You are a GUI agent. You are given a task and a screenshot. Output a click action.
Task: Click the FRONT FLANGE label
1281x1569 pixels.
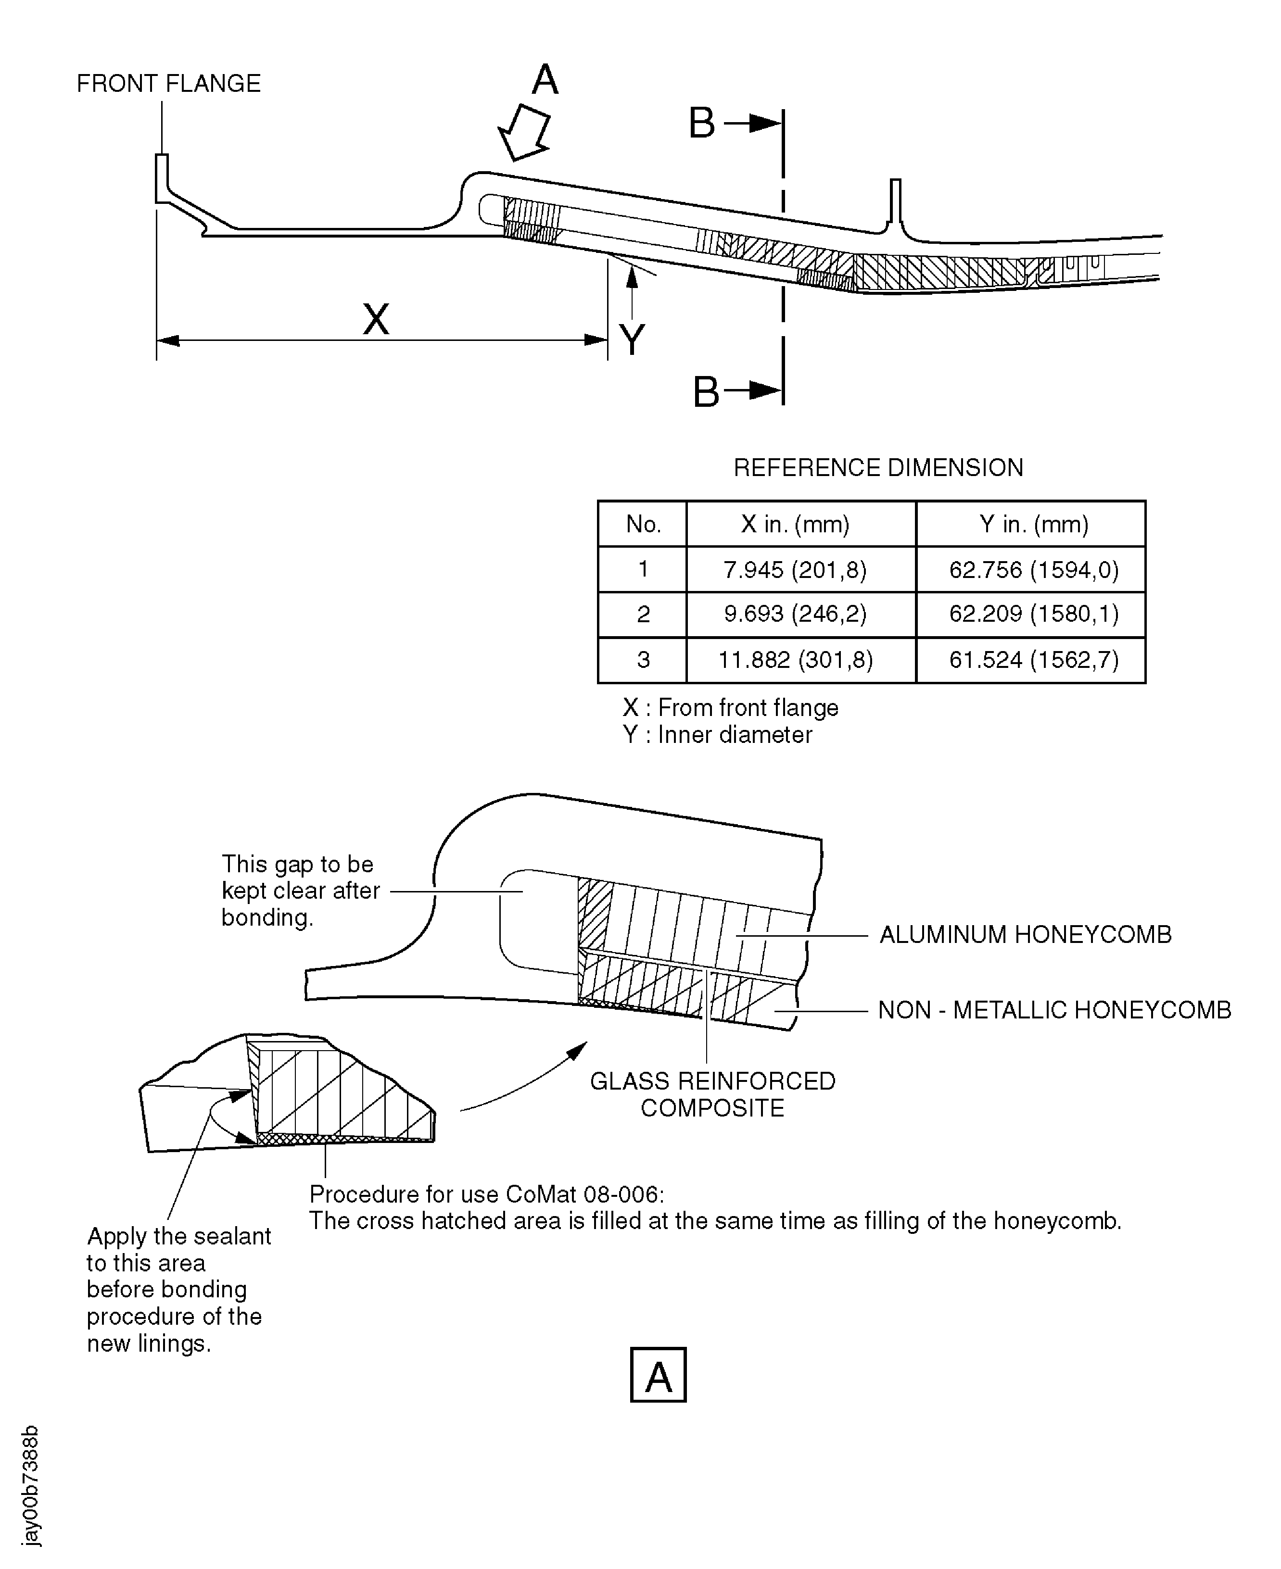point(168,83)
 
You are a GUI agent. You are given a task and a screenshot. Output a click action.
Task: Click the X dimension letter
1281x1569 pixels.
point(376,319)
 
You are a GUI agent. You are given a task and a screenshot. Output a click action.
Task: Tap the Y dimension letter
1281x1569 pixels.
point(633,340)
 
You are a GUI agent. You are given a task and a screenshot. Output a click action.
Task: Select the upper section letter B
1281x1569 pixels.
point(702,123)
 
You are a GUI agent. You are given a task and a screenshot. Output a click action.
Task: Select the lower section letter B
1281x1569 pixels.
point(706,392)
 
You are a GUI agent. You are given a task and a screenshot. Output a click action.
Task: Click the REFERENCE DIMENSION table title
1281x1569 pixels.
point(878,468)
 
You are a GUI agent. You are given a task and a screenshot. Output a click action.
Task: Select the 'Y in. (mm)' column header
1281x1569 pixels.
point(1034,525)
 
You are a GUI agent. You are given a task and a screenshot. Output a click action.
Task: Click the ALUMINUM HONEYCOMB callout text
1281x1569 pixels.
point(1025,935)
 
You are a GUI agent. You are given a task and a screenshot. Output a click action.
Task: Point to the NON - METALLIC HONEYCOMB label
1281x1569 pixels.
point(1054,1010)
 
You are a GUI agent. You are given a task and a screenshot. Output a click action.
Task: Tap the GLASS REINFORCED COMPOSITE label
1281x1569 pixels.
point(712,1095)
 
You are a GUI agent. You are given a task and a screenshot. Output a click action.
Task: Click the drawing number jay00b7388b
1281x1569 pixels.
point(31,1486)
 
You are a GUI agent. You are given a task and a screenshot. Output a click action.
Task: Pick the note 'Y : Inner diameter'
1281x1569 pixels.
point(717,735)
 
